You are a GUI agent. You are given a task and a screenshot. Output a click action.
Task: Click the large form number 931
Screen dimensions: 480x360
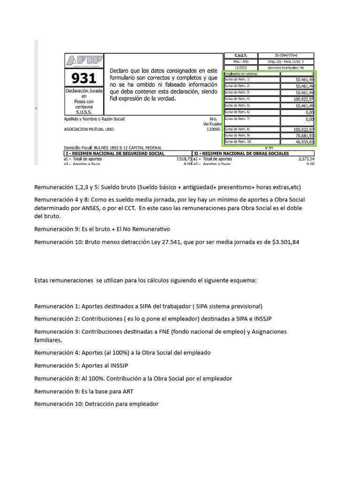[83, 78]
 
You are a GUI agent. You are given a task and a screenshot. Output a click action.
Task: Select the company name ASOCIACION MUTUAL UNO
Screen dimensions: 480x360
[89, 129]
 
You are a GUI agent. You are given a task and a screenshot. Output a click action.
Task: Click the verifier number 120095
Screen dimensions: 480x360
[213, 129]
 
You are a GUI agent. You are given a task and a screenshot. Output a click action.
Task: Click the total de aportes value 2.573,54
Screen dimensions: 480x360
[305, 159]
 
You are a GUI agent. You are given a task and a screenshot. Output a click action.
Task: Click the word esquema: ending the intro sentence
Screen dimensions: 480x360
[242, 280]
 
